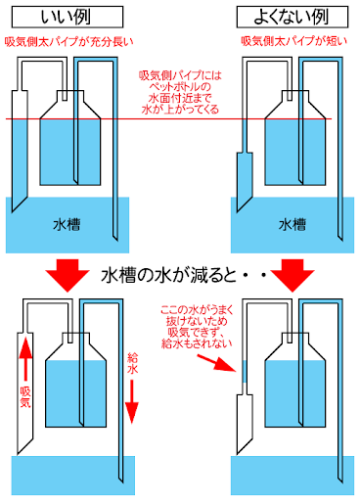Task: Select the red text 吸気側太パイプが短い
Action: pyautogui.click(x=290, y=42)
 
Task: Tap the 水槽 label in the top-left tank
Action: pyautogui.click(x=67, y=224)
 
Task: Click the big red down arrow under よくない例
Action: pyautogui.click(x=292, y=274)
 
